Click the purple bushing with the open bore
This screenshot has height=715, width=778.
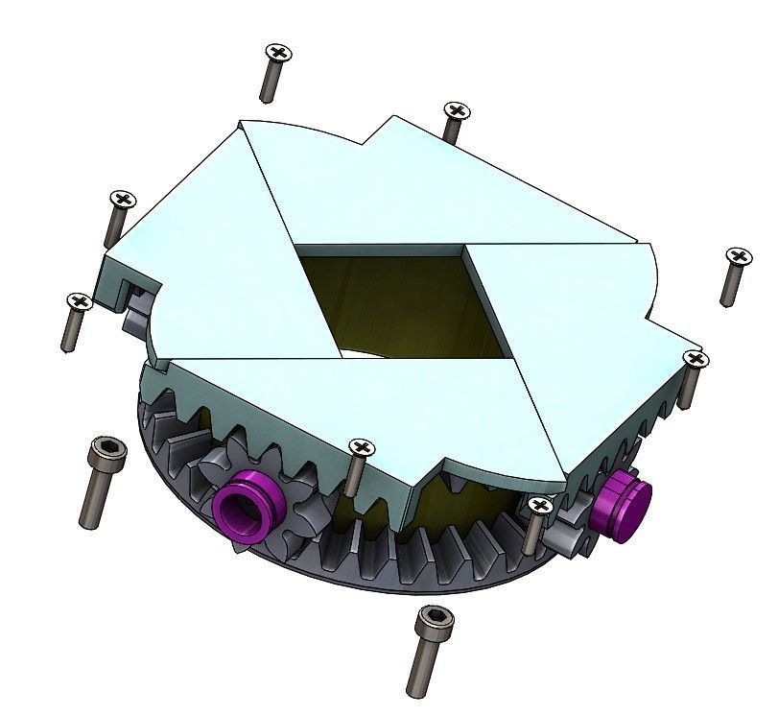(x=248, y=505)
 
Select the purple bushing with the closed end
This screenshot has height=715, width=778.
(x=622, y=507)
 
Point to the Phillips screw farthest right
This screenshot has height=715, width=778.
(x=737, y=257)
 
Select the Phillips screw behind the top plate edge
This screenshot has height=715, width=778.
(x=456, y=112)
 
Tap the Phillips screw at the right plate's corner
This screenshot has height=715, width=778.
(x=695, y=361)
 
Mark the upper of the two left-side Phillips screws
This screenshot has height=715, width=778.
(x=121, y=201)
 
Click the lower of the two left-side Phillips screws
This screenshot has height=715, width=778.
(x=77, y=304)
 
